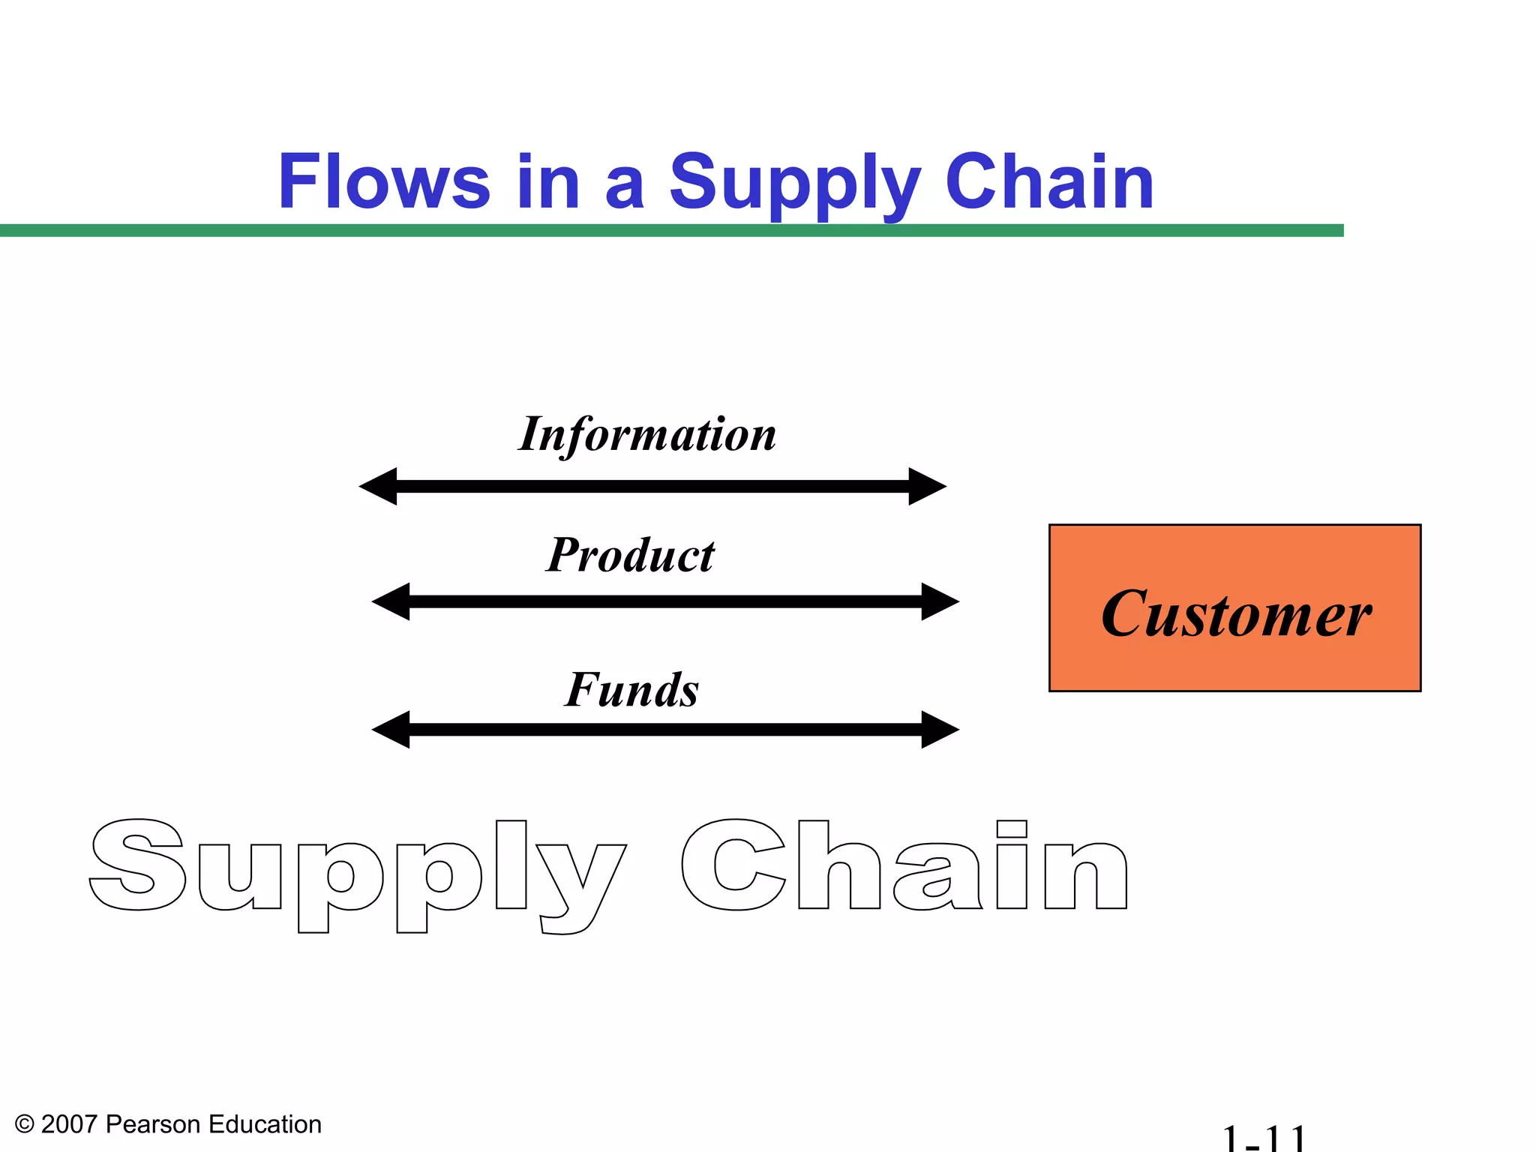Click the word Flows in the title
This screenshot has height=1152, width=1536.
click(384, 182)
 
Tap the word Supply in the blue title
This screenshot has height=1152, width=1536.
click(793, 182)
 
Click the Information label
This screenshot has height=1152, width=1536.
click(647, 434)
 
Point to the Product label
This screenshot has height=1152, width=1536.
click(630, 556)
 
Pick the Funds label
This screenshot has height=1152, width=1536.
click(631, 690)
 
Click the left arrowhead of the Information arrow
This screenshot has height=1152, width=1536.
click(379, 487)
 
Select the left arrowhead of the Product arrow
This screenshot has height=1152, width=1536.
click(392, 601)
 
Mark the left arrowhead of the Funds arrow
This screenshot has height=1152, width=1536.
click(392, 730)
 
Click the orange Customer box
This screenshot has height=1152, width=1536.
click(1234, 608)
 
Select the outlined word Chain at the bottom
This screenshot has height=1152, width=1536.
click(904, 866)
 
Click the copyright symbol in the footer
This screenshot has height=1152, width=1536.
click(25, 1124)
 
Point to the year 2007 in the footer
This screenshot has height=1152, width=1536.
click(69, 1124)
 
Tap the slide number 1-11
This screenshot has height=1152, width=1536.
click(1264, 1138)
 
